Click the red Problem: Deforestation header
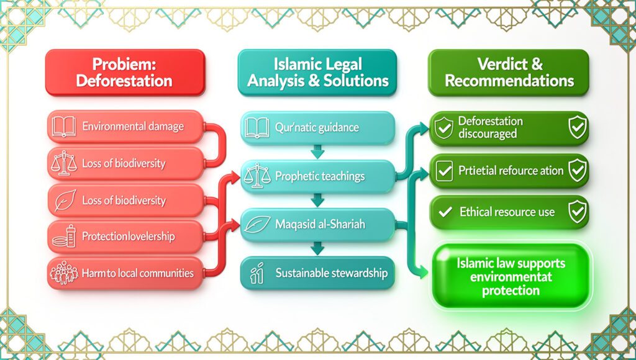pyautogui.click(x=124, y=73)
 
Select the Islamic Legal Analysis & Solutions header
pyautogui.click(x=317, y=73)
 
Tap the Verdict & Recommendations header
pyautogui.click(x=509, y=73)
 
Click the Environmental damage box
pyautogui.click(x=124, y=127)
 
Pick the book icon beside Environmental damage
pyautogui.click(x=64, y=127)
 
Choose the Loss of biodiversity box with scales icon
pyautogui.click(x=124, y=164)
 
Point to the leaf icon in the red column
pyautogui.click(x=64, y=200)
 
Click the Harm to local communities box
pyautogui.click(x=124, y=273)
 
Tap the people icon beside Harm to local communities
pyautogui.click(x=64, y=273)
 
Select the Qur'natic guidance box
pyautogui.click(x=317, y=128)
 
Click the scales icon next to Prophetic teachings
pyautogui.click(x=255, y=176)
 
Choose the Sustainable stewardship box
pyautogui.click(x=317, y=272)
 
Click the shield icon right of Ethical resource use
pyautogui.click(x=577, y=212)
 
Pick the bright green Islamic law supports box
pyautogui.click(x=509, y=275)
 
